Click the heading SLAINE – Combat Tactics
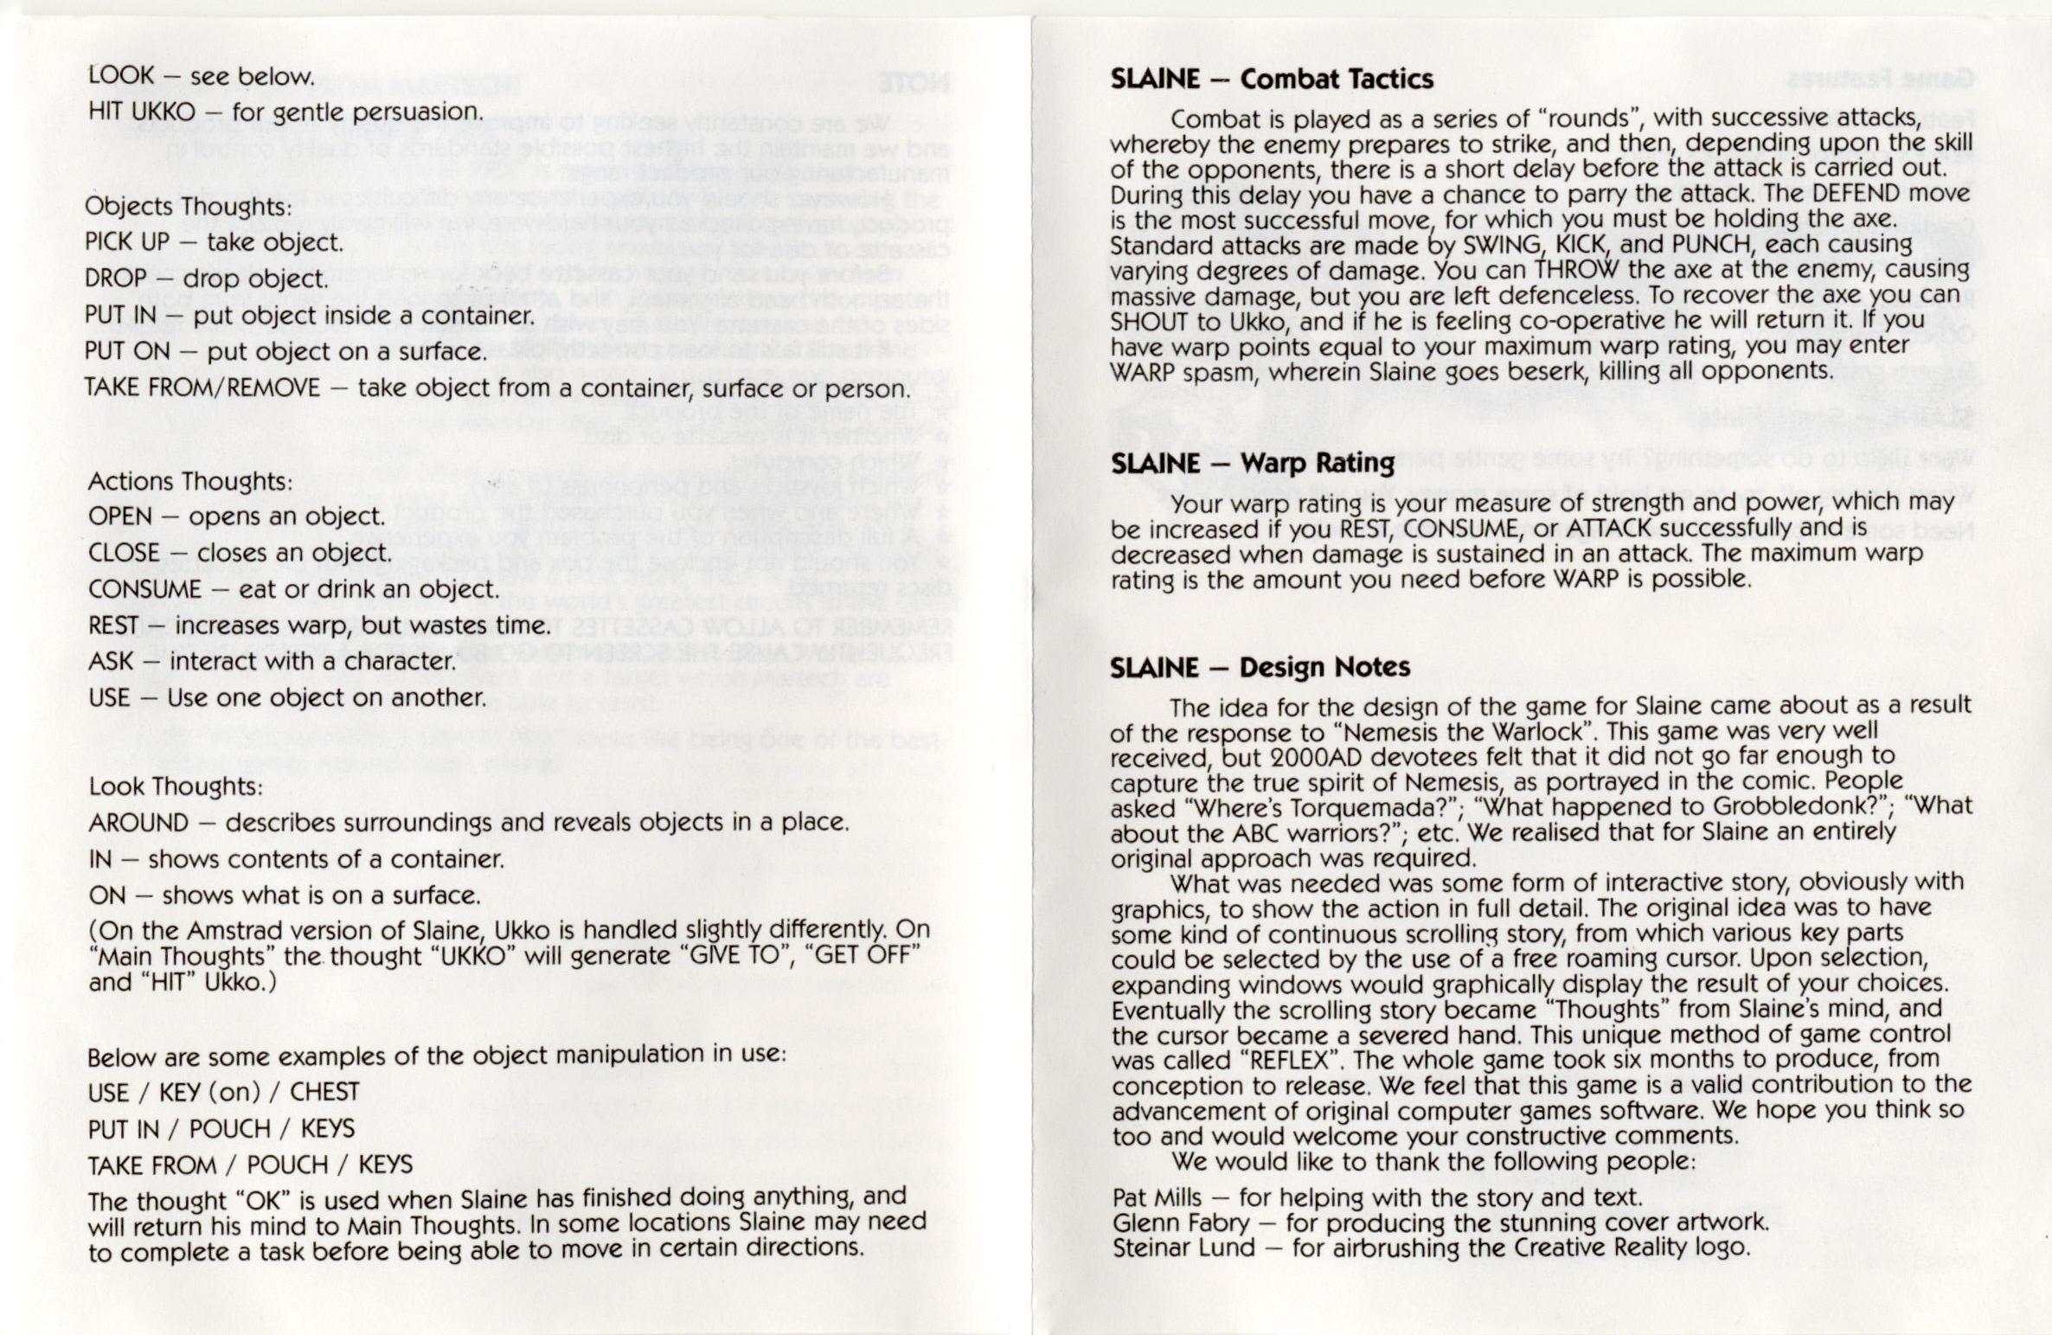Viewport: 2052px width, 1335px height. (1271, 80)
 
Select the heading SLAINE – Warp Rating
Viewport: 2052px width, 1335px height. (1252, 464)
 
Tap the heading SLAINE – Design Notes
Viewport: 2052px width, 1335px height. (1260, 668)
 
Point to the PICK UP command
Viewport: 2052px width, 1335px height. (127, 242)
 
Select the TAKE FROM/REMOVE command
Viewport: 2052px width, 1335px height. (202, 388)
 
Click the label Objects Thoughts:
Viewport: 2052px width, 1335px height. (189, 207)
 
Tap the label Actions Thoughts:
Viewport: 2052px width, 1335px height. (189, 481)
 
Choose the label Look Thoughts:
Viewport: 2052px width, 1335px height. (175, 786)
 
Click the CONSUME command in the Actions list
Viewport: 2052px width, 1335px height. (144, 589)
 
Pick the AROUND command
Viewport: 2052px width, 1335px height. (138, 822)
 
